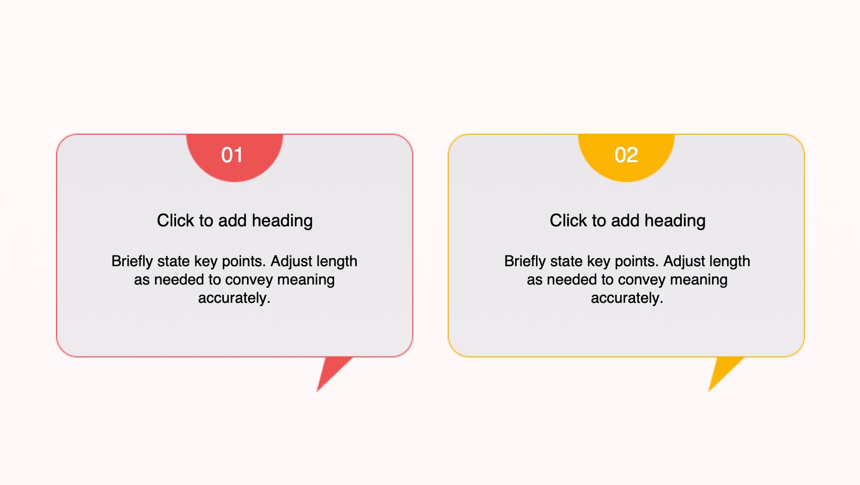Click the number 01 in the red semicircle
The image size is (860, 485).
[x=232, y=155]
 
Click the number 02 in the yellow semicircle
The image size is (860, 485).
[x=626, y=155]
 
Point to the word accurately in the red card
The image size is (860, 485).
[x=234, y=298]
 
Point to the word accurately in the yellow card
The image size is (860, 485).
[x=627, y=298]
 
